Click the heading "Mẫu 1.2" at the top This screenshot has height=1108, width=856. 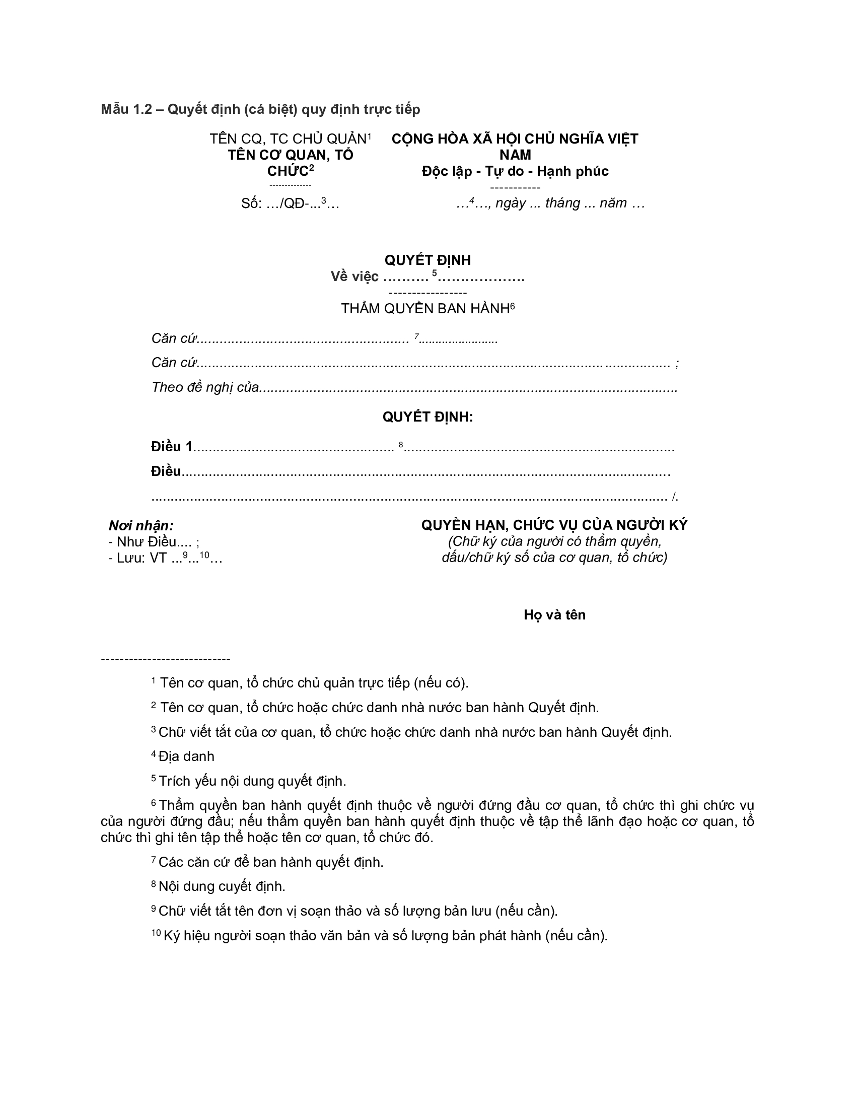click(x=127, y=109)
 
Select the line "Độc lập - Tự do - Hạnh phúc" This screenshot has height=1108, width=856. click(x=515, y=171)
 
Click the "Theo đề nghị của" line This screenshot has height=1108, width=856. click(x=205, y=387)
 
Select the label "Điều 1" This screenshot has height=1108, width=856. click(x=172, y=446)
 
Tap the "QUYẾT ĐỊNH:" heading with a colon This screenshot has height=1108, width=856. click(x=427, y=417)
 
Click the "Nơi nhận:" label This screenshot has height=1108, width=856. click(x=141, y=526)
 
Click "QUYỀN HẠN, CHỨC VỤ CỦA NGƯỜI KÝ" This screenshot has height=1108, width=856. click(x=554, y=525)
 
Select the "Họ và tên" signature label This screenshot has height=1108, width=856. click(x=554, y=615)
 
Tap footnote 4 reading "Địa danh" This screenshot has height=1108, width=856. click(x=186, y=756)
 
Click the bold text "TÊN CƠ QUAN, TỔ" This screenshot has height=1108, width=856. click(x=291, y=155)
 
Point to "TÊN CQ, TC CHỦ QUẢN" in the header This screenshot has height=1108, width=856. click(x=288, y=138)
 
